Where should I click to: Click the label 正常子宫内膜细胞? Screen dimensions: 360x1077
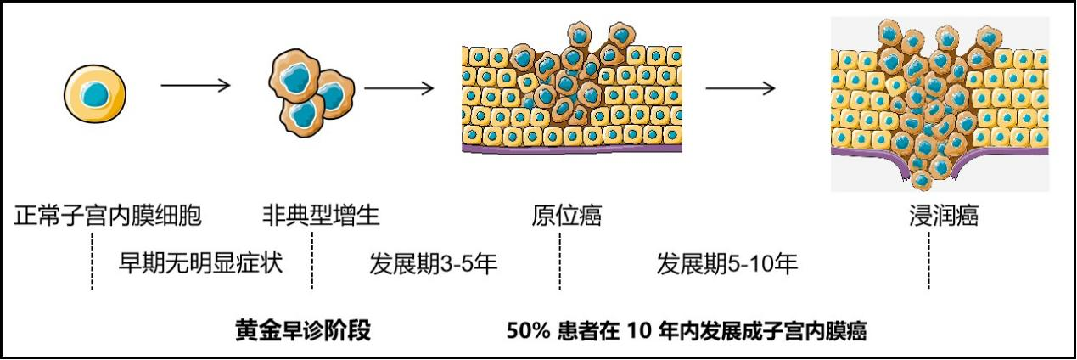point(108,216)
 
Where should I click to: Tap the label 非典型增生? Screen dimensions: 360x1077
point(321,216)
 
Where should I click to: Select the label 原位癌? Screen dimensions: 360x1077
point(566,216)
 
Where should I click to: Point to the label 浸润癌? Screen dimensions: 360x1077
point(943,216)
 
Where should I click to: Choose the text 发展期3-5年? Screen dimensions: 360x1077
point(433,263)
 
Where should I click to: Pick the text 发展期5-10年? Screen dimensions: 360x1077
point(727,263)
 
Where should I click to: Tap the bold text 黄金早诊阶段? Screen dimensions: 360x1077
point(303,330)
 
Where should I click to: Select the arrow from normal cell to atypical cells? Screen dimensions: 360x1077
point(195,85)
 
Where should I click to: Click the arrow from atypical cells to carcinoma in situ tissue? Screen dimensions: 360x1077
point(399,86)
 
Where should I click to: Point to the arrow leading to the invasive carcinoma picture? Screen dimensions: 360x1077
point(740,87)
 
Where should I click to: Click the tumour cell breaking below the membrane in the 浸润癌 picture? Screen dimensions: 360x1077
point(920,178)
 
